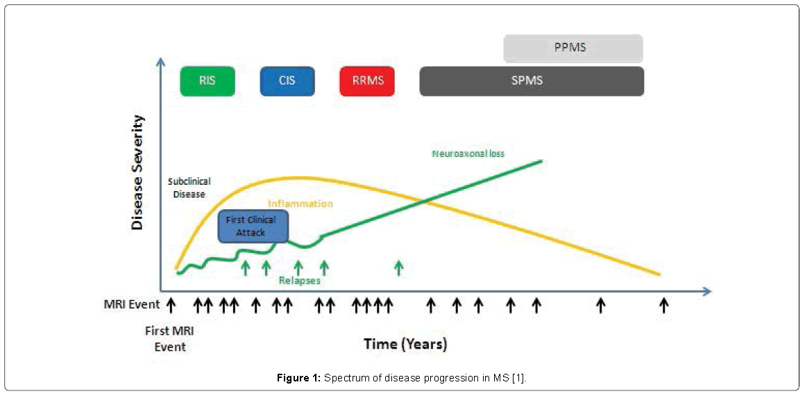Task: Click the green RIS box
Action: coord(207,81)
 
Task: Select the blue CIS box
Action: coord(287,81)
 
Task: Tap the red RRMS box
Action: coord(367,81)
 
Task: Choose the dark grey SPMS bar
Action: coord(532,81)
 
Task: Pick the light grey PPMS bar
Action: coord(573,49)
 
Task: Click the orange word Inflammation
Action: coord(300,204)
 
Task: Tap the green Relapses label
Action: coord(299,281)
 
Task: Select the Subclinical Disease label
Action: coord(189,188)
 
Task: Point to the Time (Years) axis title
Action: coord(405,344)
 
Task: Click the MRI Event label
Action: coord(132,304)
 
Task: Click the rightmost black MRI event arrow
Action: coord(663,304)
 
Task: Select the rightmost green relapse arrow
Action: coord(398,267)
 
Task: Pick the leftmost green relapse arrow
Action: coord(245,267)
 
